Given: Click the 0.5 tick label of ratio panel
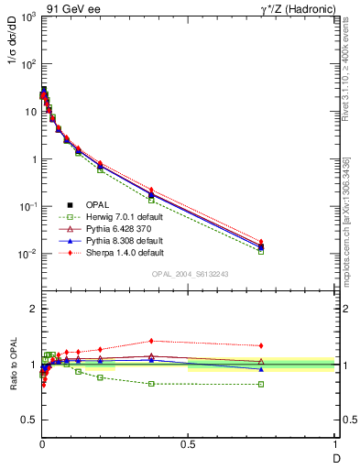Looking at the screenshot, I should [x=27, y=422].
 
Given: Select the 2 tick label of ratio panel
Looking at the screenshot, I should [x=31, y=310].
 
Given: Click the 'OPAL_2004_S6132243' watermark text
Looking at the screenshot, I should [x=188, y=274].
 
